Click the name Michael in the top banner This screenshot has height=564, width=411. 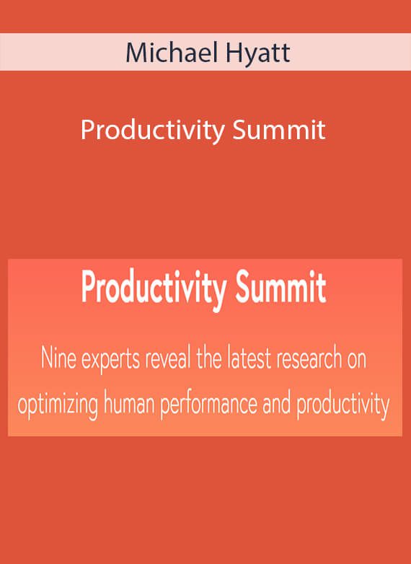point(172,53)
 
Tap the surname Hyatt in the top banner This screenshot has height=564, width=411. point(257,55)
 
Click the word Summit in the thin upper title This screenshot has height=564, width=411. point(279,130)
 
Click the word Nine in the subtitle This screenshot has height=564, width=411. point(58,358)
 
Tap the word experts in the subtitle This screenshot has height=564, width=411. point(110,361)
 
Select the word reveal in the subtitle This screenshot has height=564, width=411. point(167,358)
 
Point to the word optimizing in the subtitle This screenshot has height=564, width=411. point(58,405)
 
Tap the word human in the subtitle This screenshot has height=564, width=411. point(129,403)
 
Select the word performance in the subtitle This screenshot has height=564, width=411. point(208,405)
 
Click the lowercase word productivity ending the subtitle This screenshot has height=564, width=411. point(343,405)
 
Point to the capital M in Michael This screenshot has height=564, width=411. point(136,53)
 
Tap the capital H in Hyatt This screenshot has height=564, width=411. point(232,53)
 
